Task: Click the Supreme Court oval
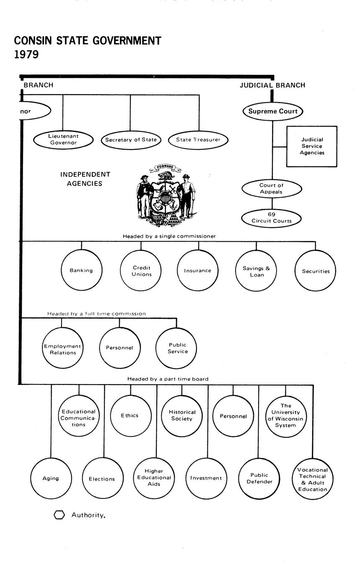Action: [273, 111]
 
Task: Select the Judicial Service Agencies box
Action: [312, 146]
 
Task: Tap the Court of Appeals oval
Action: [272, 188]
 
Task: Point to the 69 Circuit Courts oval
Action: [272, 218]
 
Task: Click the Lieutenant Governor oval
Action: [63, 139]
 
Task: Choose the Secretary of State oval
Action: [131, 140]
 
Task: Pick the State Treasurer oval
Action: [198, 140]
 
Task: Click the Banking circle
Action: [81, 271]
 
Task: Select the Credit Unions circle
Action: [141, 271]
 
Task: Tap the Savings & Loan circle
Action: [256, 271]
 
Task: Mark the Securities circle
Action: [316, 271]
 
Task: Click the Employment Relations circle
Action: [62, 349]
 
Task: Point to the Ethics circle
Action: [130, 415]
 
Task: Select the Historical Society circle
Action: [182, 415]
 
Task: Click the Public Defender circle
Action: [259, 478]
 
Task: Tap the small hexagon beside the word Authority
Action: [60, 515]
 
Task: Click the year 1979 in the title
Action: [26, 54]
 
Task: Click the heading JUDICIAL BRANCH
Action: [272, 85]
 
